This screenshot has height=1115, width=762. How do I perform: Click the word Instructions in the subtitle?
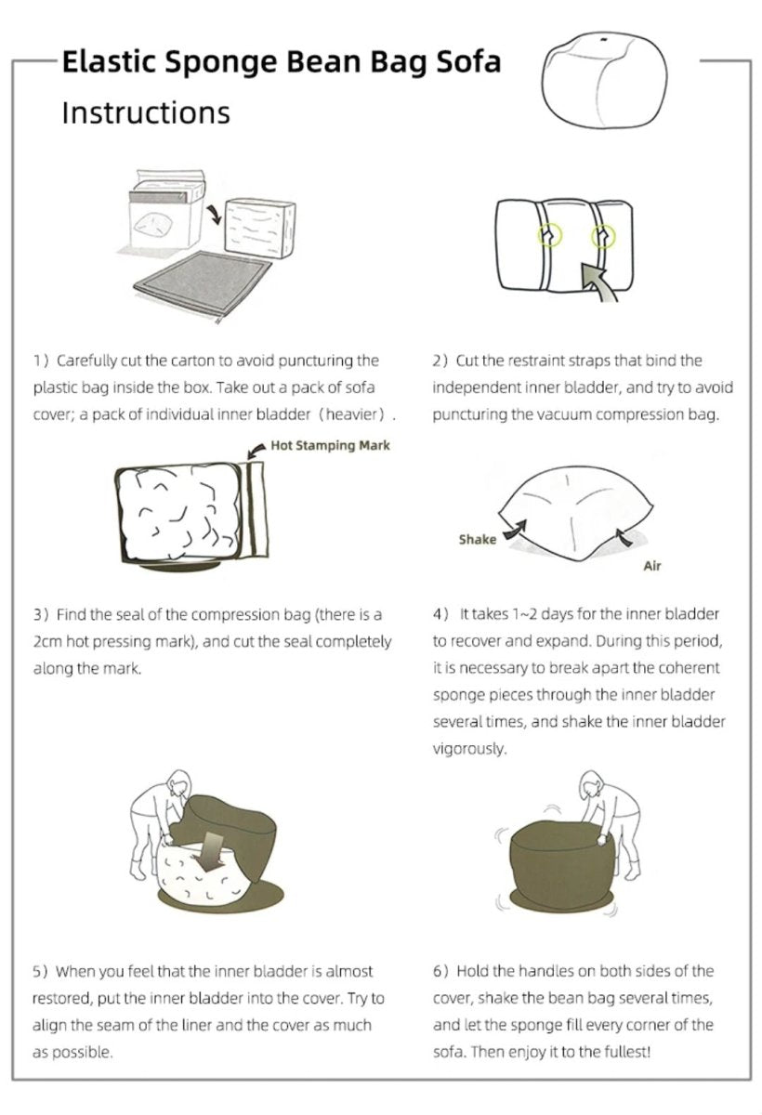point(146,112)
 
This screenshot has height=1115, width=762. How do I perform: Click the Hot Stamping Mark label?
point(330,445)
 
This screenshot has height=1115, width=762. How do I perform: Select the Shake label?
point(478,540)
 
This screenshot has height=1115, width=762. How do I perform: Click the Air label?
point(652,566)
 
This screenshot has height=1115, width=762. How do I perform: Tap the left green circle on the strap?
point(549,235)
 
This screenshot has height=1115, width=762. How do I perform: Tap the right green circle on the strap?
point(603,236)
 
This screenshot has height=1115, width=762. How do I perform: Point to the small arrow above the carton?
point(214,214)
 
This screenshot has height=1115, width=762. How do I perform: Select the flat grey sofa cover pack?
point(204,284)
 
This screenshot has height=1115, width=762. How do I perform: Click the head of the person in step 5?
point(179,784)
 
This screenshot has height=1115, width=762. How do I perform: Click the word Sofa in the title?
point(468,61)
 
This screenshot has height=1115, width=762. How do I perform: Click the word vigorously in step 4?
point(469,749)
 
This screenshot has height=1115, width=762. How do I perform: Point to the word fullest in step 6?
point(626,1052)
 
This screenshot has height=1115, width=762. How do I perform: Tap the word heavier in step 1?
point(353,414)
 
